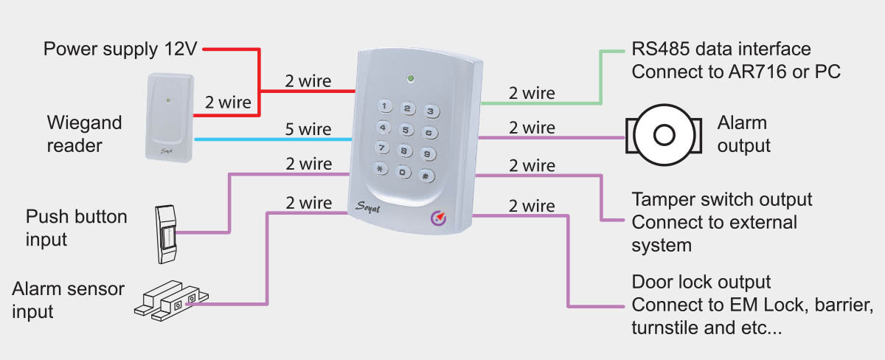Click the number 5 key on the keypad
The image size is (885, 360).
(406, 130)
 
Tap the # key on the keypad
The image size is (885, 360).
(426, 176)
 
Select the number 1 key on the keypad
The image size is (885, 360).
(384, 106)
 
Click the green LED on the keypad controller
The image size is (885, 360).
(411, 79)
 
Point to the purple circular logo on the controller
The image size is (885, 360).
(438, 218)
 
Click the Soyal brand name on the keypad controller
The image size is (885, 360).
(367, 207)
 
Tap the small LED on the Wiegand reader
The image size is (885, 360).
(168, 100)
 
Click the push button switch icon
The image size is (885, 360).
(166, 234)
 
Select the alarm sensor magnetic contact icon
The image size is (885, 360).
(171, 301)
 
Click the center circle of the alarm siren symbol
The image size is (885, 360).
(664, 135)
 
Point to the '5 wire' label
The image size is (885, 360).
(308, 129)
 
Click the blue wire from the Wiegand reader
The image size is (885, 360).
(273, 139)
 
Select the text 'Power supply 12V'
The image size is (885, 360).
(120, 49)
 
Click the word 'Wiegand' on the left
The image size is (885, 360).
(84, 122)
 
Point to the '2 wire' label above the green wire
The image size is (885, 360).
(532, 93)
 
